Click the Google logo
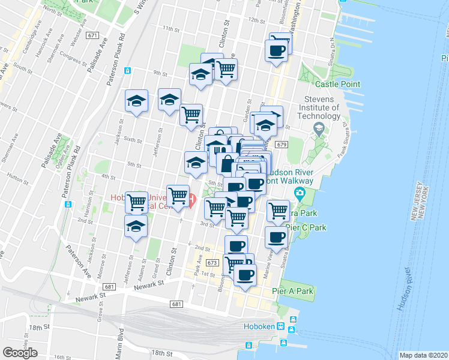[x=20, y=353]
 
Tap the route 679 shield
[x=281, y=145]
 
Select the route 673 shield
[x=211, y=263]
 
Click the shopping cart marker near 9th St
[x=226, y=70]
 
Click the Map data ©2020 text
[x=424, y=355]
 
